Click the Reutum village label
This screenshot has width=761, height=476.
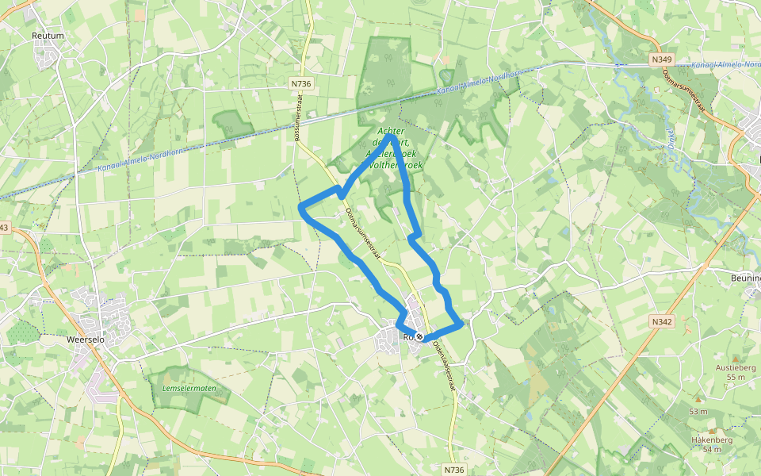click(x=47, y=36)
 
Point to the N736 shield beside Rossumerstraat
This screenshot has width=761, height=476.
click(x=300, y=83)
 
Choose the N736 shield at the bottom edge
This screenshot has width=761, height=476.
click(x=453, y=469)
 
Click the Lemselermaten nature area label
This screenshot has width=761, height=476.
click(x=188, y=388)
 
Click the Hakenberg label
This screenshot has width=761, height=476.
click(x=711, y=440)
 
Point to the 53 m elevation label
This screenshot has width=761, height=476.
click(x=698, y=411)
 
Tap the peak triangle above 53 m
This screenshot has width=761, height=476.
click(x=698, y=400)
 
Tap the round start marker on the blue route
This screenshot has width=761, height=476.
click(x=419, y=337)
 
